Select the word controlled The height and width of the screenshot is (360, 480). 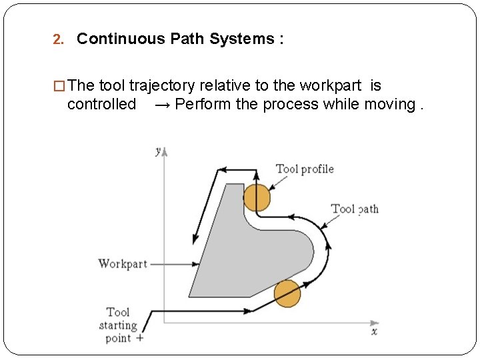tap(101, 104)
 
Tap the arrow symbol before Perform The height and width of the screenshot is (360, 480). tap(162, 105)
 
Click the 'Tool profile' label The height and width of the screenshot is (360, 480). tap(305, 169)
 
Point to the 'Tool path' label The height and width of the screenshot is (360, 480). tap(355, 209)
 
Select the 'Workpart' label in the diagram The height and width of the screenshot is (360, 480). tap(123, 263)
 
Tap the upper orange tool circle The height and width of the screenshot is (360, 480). tap(257, 198)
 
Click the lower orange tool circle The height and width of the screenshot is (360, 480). tap(287, 293)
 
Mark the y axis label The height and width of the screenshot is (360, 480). tap(158, 151)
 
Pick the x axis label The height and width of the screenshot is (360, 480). tap(375, 331)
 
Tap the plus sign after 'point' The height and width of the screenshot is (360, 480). tap(139, 339)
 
